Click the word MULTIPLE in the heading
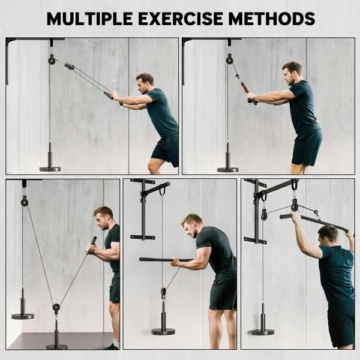(89, 19)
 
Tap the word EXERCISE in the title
(187, 19)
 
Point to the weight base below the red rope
(227, 167)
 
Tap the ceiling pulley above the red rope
(229, 58)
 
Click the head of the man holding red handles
(292, 73)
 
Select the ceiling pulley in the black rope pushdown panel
(52, 59)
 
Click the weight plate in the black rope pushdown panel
(50, 167)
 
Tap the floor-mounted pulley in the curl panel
(56, 308)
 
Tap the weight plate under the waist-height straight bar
(163, 329)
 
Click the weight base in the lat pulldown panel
(262, 329)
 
